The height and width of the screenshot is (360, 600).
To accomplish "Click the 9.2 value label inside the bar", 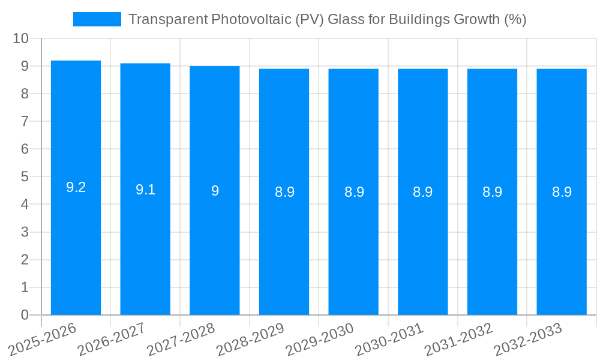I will tap(76, 187).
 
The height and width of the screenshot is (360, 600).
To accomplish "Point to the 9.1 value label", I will tap(145, 190).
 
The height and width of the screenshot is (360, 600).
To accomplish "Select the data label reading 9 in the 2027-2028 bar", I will tap(215, 191).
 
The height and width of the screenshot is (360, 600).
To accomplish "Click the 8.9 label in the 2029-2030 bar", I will tap(354, 192).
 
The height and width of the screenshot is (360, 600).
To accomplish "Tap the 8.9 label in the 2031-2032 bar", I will tap(492, 192).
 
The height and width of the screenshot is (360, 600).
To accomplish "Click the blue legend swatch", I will tap(97, 19).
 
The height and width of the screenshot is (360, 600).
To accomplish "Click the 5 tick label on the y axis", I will tap(25, 177).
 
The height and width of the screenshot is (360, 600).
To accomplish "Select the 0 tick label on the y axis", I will tap(25, 315).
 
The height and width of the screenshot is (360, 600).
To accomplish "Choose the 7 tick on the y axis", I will tap(25, 121).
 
